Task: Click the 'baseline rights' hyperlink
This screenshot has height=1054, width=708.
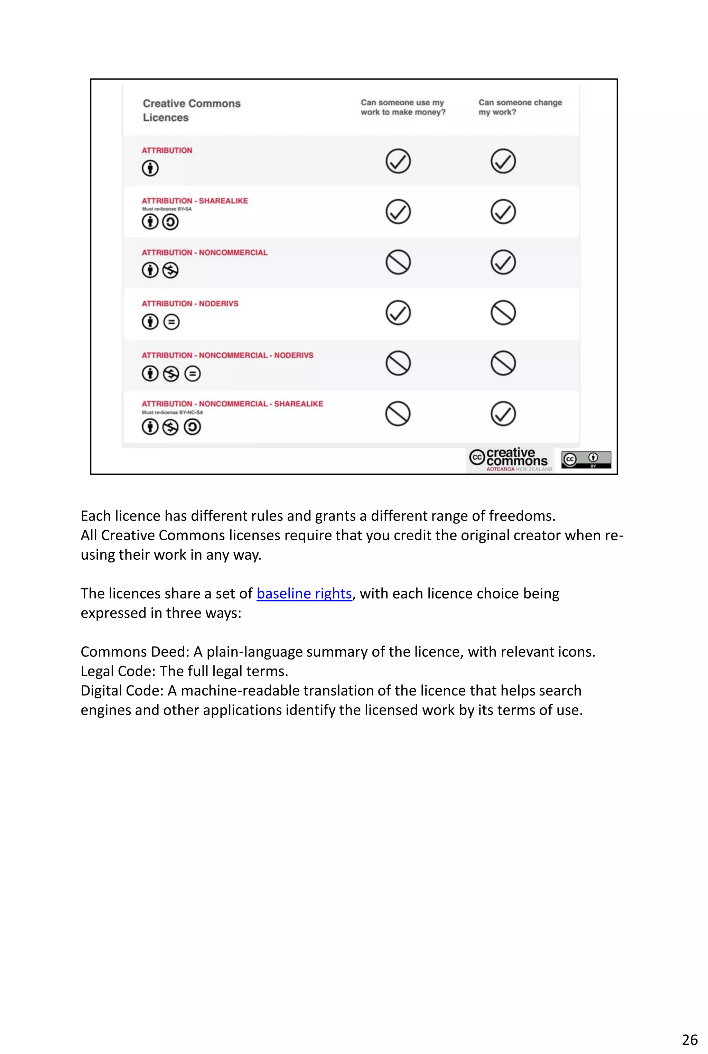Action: [x=304, y=594]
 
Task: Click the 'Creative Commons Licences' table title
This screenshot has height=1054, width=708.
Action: [x=192, y=110]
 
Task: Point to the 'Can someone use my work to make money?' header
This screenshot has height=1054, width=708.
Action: [x=403, y=108]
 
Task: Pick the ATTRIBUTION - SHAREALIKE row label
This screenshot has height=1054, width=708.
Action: [x=195, y=201]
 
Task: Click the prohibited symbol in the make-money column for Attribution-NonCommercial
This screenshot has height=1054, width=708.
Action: [x=398, y=262]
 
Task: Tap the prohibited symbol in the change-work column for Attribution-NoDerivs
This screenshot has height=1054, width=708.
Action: [x=503, y=313]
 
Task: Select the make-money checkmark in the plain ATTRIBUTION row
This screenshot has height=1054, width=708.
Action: [x=398, y=161]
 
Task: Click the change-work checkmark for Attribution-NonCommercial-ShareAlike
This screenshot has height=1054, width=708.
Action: [x=503, y=413]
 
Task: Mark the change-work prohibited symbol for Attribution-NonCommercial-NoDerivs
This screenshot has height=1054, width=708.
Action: [x=503, y=363]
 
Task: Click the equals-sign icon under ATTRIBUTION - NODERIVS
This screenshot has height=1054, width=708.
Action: [x=171, y=322]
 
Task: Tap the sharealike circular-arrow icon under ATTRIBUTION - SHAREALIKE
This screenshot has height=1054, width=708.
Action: [x=170, y=222]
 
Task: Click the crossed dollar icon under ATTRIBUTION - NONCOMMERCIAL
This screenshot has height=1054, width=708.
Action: [x=170, y=270]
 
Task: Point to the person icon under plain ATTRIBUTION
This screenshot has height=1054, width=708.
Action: [x=150, y=168]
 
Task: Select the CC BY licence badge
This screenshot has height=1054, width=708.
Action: [x=586, y=459]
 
